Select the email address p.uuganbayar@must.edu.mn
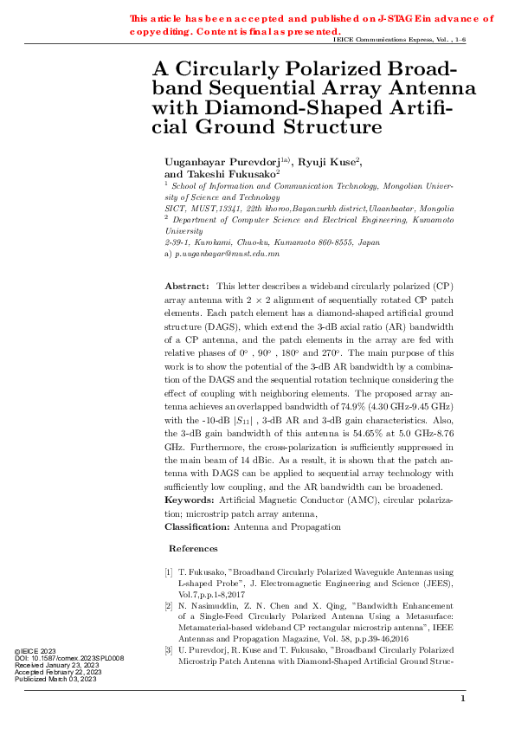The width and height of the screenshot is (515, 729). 227,255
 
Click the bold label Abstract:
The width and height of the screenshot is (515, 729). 187,286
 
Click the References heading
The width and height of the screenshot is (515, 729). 193,549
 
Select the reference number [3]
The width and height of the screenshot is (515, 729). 169,648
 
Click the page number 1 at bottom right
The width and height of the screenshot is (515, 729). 463,699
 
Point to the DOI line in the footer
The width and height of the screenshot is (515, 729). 70,658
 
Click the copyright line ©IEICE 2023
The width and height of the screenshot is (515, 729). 35,651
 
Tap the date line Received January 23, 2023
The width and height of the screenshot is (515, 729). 59,665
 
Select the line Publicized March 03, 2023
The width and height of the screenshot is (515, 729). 56,680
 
